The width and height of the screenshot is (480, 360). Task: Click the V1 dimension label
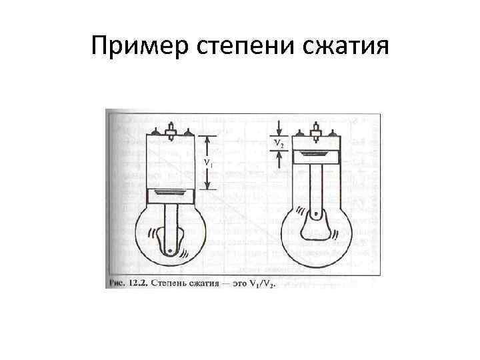207,162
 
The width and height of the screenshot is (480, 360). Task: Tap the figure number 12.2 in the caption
138,283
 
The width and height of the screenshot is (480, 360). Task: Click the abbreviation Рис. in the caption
116,283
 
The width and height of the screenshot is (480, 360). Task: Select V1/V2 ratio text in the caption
261,283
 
